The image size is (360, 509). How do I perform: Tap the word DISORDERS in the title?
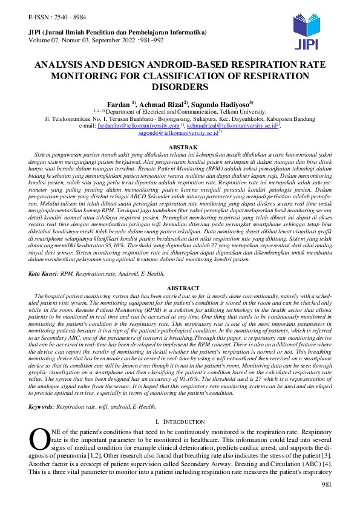(x=180, y=87)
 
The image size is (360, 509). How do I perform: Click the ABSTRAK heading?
(x=180, y=147)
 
